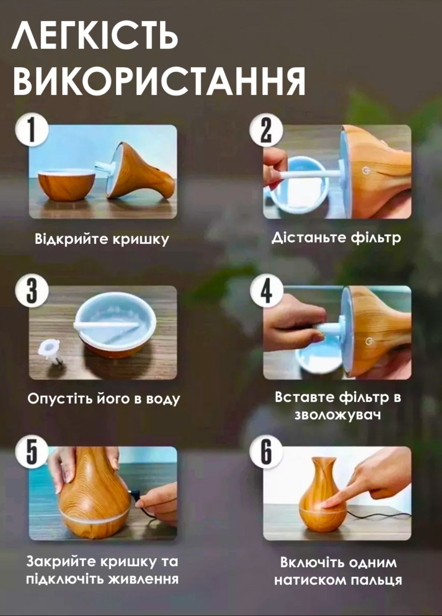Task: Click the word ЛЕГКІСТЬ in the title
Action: point(94,36)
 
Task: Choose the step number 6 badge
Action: point(266,452)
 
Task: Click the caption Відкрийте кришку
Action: point(102,239)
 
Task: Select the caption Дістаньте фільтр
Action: point(337,237)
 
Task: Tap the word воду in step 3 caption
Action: point(163,399)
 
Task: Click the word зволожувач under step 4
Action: point(337,415)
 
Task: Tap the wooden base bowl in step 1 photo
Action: point(66,184)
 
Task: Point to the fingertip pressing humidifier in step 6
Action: point(326,505)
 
